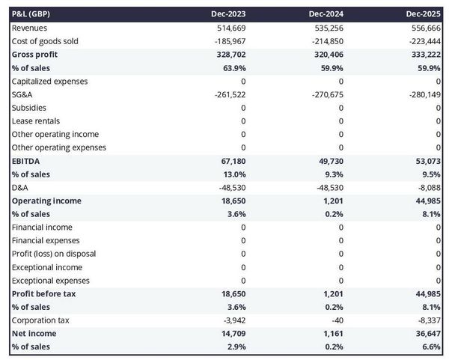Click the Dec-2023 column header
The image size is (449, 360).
pos(228,14)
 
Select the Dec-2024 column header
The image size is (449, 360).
pos(326,14)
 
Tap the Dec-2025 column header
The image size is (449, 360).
pos(424,14)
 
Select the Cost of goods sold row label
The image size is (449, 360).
pos(45,41)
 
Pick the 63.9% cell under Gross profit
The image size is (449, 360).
pos(233,67)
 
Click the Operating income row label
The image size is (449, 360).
pos(46,201)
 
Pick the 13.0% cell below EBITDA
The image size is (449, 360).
pos(233,174)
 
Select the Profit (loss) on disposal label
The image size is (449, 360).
pos(54,254)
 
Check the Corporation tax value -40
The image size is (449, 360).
pos(335,320)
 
